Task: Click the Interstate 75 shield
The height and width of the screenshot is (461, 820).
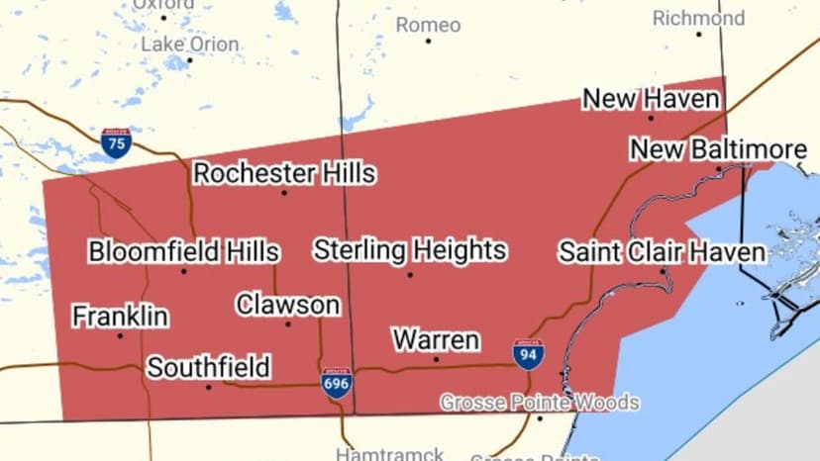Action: click(x=116, y=143)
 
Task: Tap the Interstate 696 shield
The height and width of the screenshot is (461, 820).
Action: click(x=337, y=383)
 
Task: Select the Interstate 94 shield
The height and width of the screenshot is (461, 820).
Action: click(x=528, y=354)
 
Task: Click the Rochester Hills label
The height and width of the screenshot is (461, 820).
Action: click(x=284, y=173)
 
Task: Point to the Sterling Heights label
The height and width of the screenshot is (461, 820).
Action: click(x=410, y=249)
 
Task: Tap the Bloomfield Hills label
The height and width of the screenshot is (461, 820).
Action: click(x=183, y=251)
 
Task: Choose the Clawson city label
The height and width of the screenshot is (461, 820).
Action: click(x=288, y=304)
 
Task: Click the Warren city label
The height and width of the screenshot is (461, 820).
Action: click(x=436, y=340)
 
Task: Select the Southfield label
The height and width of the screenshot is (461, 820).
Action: click(x=209, y=368)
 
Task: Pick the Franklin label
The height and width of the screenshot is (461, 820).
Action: click(x=120, y=317)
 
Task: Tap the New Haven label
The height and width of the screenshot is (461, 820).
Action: click(x=651, y=99)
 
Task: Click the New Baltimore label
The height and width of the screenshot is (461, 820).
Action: click(x=719, y=149)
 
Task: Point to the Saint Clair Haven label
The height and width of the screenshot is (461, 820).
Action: click(x=662, y=251)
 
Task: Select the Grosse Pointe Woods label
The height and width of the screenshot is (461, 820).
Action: click(x=540, y=403)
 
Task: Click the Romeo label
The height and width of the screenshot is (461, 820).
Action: click(x=429, y=25)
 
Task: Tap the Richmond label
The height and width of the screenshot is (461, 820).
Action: click(x=698, y=18)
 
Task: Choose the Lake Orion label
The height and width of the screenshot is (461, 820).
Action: click(x=189, y=45)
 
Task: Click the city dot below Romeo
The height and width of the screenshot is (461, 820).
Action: click(x=429, y=41)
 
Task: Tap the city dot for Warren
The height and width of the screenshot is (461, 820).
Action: click(x=436, y=359)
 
